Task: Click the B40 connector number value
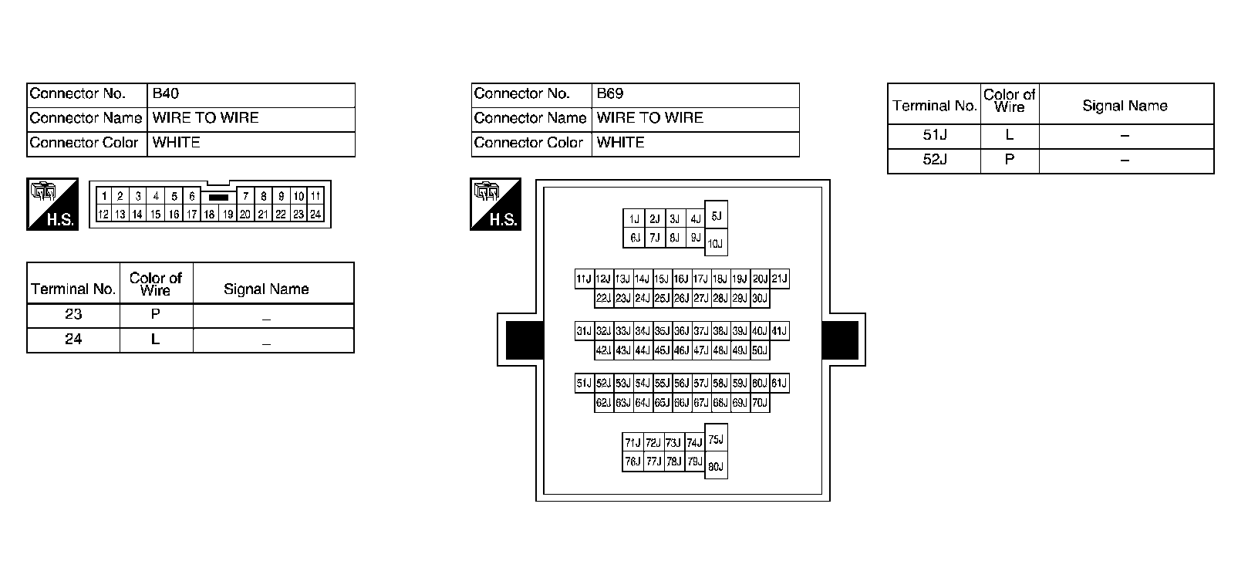(x=166, y=94)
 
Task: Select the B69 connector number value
(x=609, y=94)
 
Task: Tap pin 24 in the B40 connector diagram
(x=315, y=215)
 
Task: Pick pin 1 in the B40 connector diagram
(x=103, y=197)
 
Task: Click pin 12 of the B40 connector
(x=103, y=215)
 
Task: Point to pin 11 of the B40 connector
(x=315, y=197)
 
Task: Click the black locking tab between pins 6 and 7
(x=218, y=198)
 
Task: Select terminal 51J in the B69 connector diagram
(x=584, y=384)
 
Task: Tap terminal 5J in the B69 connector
(x=716, y=217)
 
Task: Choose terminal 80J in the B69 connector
(x=716, y=466)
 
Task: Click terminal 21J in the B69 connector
(x=780, y=279)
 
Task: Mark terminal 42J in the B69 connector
(x=603, y=350)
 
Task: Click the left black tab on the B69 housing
(x=524, y=340)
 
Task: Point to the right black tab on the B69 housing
(x=840, y=340)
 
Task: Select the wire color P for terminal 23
(x=156, y=315)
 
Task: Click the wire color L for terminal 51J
(x=1010, y=136)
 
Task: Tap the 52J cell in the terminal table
(x=934, y=161)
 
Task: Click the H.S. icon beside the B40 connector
(x=52, y=205)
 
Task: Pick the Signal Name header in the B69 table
(x=1125, y=106)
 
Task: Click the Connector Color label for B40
(x=84, y=143)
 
